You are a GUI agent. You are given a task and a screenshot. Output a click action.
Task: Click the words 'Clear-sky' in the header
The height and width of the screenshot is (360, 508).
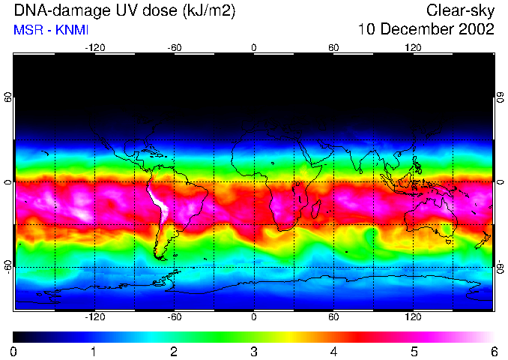coord(461,10)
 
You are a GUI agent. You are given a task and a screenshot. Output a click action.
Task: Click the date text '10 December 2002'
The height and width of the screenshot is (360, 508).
coord(426,29)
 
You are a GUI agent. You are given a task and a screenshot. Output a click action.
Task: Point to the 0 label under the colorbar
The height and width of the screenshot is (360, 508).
coord(13,351)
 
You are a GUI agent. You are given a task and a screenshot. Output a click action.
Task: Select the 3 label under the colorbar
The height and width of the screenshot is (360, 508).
coord(253,351)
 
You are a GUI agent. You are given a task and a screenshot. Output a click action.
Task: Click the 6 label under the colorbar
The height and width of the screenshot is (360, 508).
coord(493,351)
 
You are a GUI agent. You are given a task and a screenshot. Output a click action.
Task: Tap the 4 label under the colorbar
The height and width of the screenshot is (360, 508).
coord(333,351)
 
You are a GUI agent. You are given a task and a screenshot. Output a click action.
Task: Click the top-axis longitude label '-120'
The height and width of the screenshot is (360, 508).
coord(94,48)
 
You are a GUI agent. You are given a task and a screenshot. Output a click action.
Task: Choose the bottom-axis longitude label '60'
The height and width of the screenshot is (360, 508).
coord(333,317)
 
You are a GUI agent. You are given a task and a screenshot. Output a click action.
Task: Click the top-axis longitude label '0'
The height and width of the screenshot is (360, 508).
coord(253,48)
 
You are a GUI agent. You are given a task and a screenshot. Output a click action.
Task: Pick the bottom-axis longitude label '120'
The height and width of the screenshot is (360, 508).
coord(413,317)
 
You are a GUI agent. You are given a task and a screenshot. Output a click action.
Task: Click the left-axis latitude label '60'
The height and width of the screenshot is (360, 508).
coord(8,97)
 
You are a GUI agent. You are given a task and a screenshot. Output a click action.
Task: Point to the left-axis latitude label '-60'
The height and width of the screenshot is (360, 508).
coord(8,267)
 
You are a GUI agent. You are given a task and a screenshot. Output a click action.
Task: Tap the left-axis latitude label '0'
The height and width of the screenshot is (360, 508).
coord(8,182)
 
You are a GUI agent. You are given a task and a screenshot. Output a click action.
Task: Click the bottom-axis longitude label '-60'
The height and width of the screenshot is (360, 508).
coord(174,317)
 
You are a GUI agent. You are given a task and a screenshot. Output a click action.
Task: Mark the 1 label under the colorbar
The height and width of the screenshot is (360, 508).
coord(94,351)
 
